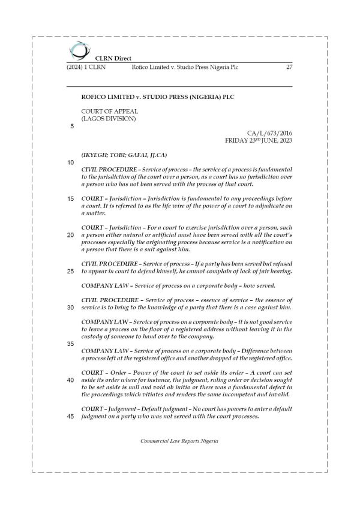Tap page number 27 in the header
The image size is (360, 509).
pyautogui.click(x=289, y=68)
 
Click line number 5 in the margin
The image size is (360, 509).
pyautogui.click(x=72, y=127)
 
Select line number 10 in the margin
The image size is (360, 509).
pyautogui.click(x=71, y=163)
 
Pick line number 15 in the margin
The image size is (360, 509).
pyautogui.click(x=71, y=198)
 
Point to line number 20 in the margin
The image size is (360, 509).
pyautogui.click(x=71, y=235)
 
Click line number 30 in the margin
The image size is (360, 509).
pyautogui.click(x=71, y=308)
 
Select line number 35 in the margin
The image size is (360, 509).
pyautogui.click(x=71, y=344)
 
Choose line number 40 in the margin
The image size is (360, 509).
pyautogui.click(x=71, y=381)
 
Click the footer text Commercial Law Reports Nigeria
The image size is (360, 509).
pyautogui.click(x=179, y=441)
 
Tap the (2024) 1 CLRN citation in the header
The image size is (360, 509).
pyautogui.click(x=86, y=68)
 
